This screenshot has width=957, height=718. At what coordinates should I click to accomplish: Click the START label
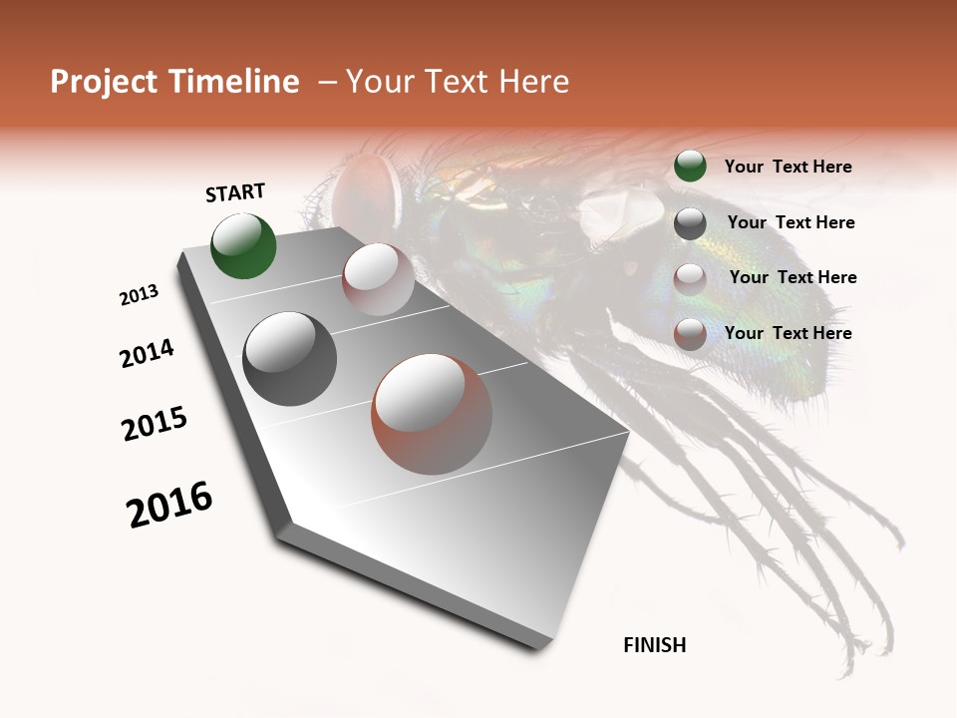[235, 191]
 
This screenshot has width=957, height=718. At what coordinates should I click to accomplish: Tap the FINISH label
[655, 645]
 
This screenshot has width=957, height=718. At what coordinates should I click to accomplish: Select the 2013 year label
[139, 295]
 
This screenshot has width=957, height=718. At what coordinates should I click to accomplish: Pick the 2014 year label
[147, 353]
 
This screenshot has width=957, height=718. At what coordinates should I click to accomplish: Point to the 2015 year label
[155, 425]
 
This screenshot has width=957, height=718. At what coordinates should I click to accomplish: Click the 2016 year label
[169, 505]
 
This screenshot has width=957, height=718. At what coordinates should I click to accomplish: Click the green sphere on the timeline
[244, 245]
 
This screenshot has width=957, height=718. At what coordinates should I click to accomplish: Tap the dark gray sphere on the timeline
[289, 359]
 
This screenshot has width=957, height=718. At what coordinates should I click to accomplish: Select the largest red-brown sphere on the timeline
[432, 414]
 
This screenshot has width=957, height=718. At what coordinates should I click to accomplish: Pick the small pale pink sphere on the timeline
[378, 279]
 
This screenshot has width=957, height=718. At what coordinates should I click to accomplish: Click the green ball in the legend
[690, 167]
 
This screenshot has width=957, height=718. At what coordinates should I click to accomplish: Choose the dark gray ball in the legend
[690, 223]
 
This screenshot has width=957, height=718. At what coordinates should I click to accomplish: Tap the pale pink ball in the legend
[690, 278]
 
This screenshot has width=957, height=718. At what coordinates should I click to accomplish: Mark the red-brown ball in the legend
[690, 334]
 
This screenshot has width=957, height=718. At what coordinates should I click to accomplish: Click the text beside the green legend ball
[788, 167]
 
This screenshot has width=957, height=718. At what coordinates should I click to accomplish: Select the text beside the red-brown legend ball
[788, 333]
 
